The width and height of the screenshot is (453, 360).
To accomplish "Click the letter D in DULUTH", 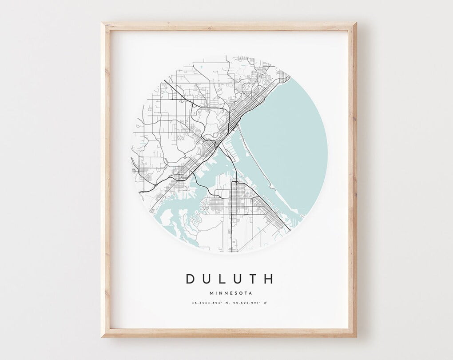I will [x=191, y=279].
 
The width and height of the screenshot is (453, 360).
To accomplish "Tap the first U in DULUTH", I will [x=207, y=279].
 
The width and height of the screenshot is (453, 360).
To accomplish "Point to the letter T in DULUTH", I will [x=252, y=279].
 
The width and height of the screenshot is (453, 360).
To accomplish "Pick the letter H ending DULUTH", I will [x=268, y=279].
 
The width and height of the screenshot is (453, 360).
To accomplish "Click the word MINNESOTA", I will [x=230, y=293].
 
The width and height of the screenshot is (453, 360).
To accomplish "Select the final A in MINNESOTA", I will [x=250, y=293].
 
